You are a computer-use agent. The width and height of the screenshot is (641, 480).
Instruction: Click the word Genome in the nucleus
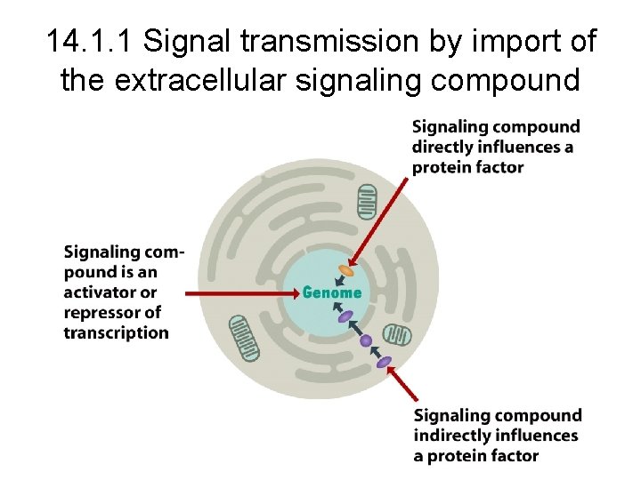click(332, 292)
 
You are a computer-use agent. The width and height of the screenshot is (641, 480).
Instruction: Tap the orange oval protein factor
click(345, 270)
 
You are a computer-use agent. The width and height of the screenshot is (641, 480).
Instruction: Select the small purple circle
click(365, 340)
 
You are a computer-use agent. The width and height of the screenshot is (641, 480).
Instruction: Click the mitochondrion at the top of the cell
click(367, 202)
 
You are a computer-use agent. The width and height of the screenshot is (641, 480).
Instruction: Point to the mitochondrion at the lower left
click(244, 338)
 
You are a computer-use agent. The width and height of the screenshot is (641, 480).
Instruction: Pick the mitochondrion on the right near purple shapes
click(397, 335)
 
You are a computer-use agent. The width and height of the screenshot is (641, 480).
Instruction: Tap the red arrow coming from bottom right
click(404, 384)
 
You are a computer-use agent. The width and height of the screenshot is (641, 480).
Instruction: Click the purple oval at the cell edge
click(384, 362)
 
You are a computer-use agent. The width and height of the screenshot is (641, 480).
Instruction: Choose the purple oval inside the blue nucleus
click(345, 315)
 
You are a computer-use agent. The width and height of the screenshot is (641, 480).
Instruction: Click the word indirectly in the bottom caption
click(450, 436)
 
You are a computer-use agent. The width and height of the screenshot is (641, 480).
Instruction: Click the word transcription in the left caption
click(116, 333)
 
